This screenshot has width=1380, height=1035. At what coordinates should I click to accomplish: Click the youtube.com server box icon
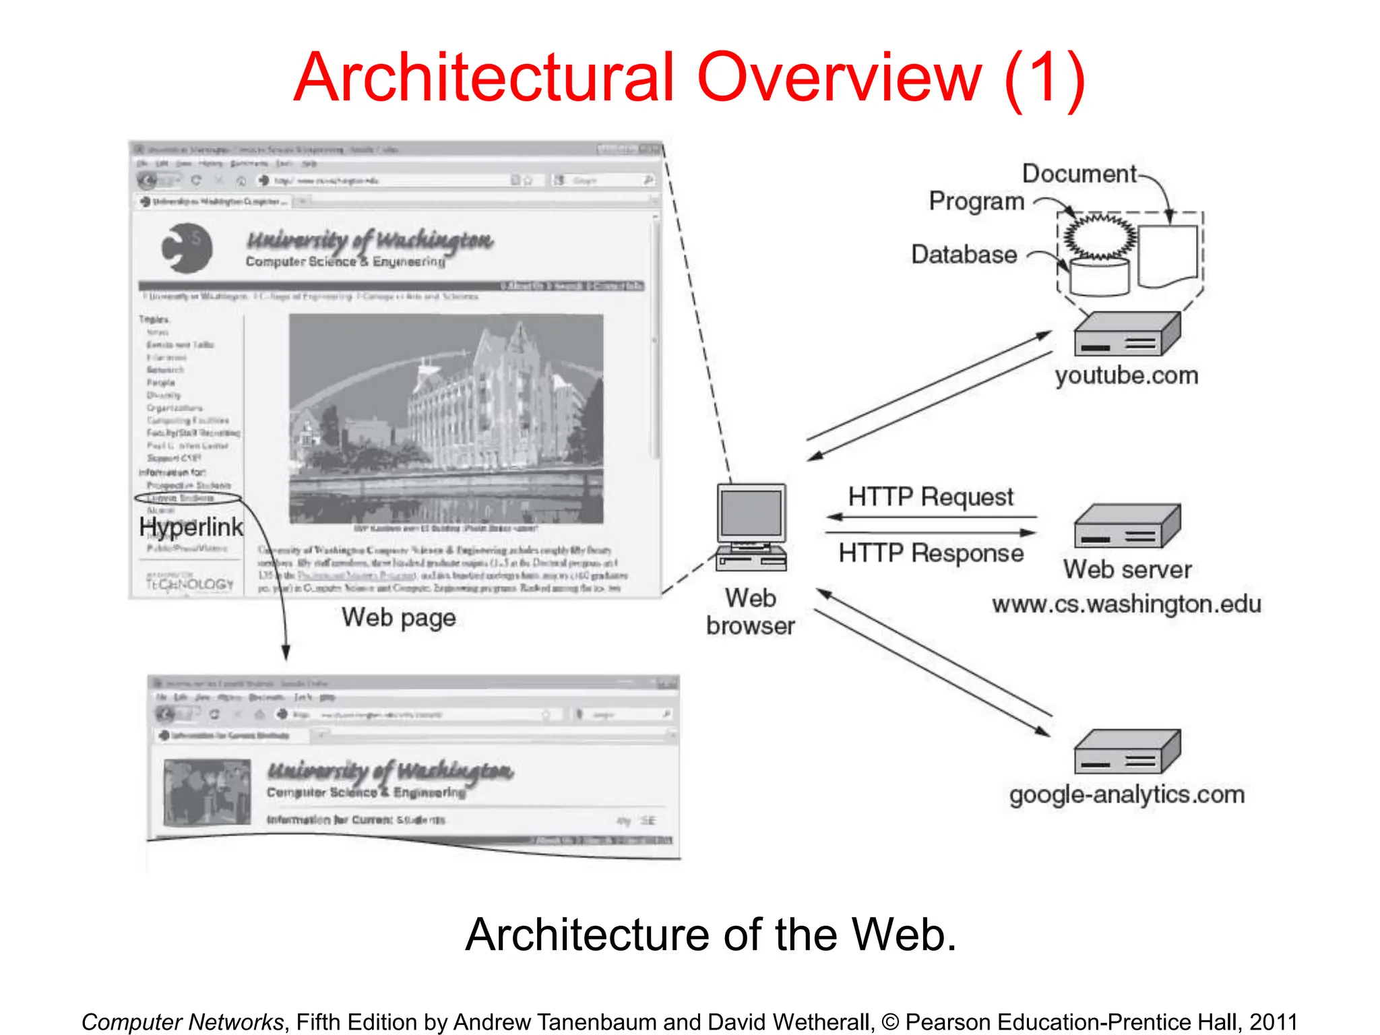click(1127, 335)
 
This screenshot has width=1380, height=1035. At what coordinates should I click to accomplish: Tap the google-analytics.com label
click(1127, 794)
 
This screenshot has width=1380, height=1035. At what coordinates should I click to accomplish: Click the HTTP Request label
click(930, 497)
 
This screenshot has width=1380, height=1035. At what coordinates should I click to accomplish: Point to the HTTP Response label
click(931, 553)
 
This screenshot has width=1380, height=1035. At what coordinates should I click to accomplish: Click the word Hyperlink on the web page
click(191, 527)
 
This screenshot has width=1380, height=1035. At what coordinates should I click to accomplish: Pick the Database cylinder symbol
click(1099, 277)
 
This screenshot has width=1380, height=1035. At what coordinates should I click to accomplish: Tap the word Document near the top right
click(1079, 174)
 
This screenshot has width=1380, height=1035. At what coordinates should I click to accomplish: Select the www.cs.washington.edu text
click(1126, 604)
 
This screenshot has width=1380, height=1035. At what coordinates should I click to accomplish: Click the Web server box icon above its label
click(1127, 527)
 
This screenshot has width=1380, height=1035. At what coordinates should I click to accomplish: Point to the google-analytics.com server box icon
click(1127, 752)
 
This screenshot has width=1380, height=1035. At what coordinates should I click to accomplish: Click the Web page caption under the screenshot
click(398, 617)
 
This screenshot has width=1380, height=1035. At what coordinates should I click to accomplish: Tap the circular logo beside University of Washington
click(187, 248)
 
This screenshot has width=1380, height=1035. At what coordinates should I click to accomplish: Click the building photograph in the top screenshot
click(446, 418)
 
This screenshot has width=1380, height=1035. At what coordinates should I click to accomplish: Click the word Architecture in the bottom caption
click(586, 935)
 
